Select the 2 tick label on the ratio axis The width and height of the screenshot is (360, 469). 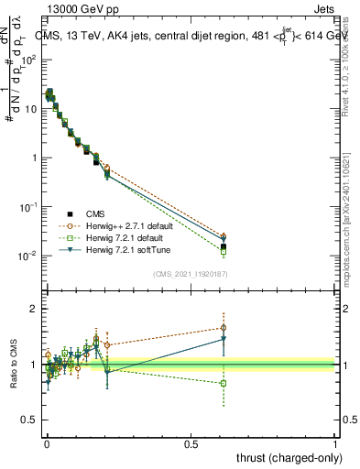[x=34, y=309]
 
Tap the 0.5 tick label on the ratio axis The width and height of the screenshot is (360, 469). [x=29, y=422]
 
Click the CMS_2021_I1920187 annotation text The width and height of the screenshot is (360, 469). [x=191, y=274]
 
